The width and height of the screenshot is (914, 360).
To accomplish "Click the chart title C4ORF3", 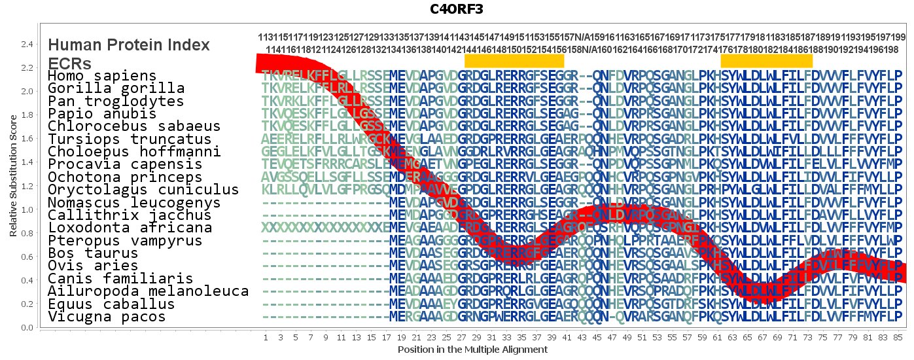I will tap(456, 9).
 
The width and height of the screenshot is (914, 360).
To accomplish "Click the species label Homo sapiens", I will tap(102, 76).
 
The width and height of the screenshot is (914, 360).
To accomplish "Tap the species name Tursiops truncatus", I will tap(130, 139).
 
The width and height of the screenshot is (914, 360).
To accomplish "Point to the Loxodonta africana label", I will tap(130, 228).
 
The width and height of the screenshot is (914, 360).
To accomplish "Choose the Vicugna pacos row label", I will tap(107, 317).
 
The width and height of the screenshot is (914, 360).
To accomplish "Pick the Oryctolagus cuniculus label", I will tap(143, 190).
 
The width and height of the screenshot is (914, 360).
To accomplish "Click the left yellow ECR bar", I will tap(514, 60).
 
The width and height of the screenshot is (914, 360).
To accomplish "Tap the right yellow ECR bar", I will tap(766, 60).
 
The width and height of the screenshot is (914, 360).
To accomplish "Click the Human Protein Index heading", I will tap(129, 45).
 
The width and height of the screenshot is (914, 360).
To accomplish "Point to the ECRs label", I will tap(69, 63).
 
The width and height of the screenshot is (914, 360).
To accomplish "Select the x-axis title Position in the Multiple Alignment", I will tap(472, 350).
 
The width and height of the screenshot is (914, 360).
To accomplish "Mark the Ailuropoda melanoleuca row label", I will tap(148, 292).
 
